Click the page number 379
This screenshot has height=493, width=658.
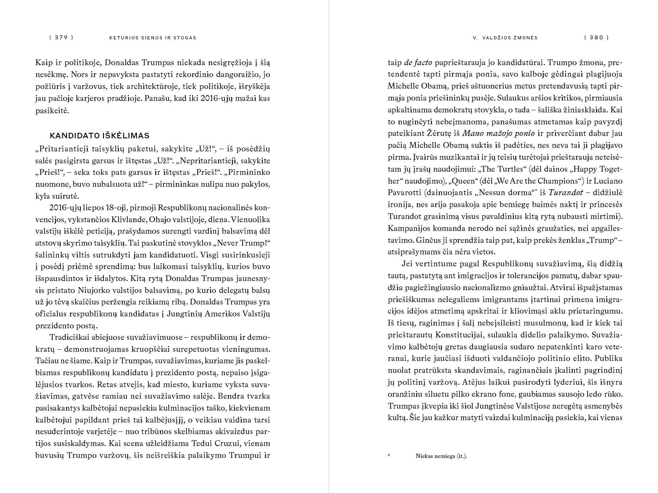(61, 38)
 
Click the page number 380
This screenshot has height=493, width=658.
(596, 38)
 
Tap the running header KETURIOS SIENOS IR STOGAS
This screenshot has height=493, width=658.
(153, 38)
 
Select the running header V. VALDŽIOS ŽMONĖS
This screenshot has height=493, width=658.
(505, 38)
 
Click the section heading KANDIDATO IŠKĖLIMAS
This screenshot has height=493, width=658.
(99, 136)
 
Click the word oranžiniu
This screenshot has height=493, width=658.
(405, 394)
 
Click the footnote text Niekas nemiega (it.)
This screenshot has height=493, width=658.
(441, 456)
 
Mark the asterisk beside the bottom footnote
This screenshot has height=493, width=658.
(389, 456)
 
